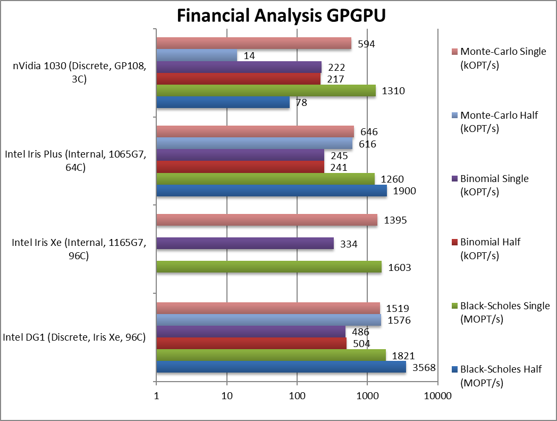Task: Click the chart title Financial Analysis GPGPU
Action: click(x=281, y=16)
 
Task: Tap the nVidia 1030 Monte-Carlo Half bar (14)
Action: click(x=196, y=55)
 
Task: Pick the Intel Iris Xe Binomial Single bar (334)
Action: click(x=244, y=243)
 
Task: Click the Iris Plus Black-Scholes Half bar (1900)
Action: click(x=271, y=191)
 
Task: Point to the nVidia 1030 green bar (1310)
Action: click(x=266, y=90)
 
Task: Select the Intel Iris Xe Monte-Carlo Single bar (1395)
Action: click(x=266, y=220)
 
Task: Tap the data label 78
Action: click(x=301, y=103)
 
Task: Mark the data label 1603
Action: click(x=398, y=268)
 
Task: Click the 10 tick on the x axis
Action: click(x=227, y=396)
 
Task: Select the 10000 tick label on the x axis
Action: click(x=438, y=396)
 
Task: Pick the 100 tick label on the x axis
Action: click(x=297, y=396)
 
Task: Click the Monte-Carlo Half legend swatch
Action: click(x=455, y=115)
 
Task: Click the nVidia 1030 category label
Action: click(x=78, y=72)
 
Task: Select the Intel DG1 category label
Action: click(x=74, y=337)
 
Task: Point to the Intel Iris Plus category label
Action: click(x=75, y=161)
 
